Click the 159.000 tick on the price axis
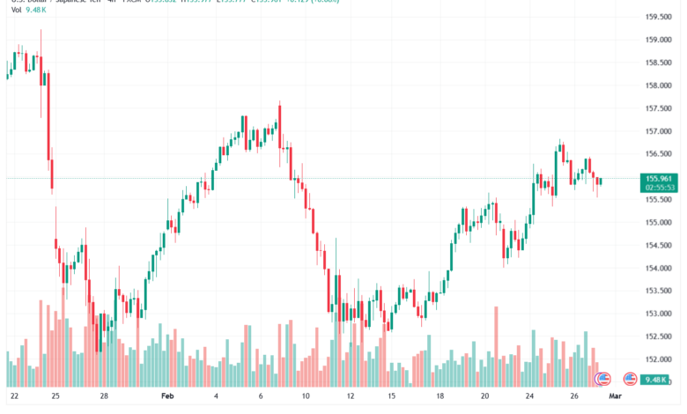tap(658, 40)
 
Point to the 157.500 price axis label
tap(658, 108)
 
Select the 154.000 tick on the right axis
tap(658, 268)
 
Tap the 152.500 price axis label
tap(658, 336)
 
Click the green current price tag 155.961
tap(660, 178)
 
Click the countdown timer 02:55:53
tap(660, 188)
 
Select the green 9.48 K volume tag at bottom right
tap(659, 379)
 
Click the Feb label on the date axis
tap(168, 396)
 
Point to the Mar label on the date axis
tap(616, 396)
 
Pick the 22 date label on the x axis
tap(14, 396)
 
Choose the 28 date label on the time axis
tap(104, 396)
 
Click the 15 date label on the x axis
tap(391, 396)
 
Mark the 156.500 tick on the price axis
tap(658, 154)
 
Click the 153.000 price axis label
tap(658, 314)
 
